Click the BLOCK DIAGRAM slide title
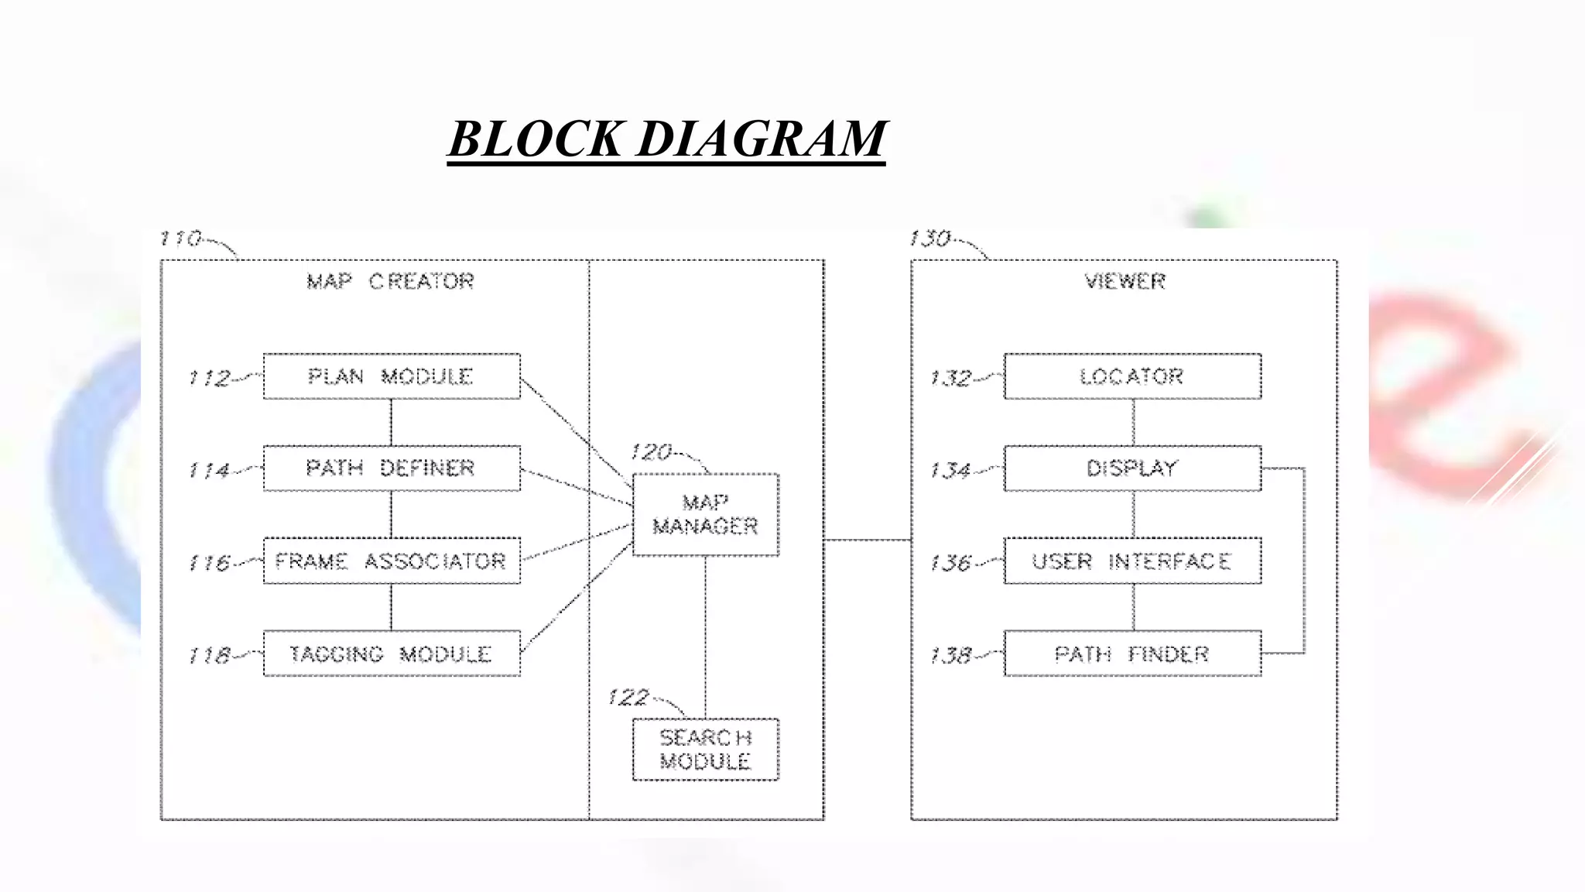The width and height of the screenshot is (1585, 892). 666,139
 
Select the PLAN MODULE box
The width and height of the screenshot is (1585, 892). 392,376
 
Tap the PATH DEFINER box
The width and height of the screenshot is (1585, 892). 392,468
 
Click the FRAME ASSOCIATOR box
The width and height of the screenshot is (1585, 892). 392,561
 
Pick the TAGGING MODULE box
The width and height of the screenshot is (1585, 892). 392,654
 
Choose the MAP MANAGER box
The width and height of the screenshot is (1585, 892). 705,515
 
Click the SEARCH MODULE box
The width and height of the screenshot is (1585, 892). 705,750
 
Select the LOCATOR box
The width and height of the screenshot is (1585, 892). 1132,376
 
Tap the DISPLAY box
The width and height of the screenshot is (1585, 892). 1132,468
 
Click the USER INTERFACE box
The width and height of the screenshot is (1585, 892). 1132,561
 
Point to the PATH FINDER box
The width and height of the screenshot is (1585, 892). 1132,654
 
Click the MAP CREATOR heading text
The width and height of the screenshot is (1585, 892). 390,281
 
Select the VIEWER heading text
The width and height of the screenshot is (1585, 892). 1125,281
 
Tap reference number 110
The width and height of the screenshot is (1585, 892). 180,238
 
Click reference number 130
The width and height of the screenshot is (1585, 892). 930,238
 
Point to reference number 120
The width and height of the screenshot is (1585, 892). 651,452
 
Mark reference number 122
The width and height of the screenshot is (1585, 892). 628,698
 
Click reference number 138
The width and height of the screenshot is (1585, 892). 950,656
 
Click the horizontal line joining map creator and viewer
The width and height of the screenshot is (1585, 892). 868,540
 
